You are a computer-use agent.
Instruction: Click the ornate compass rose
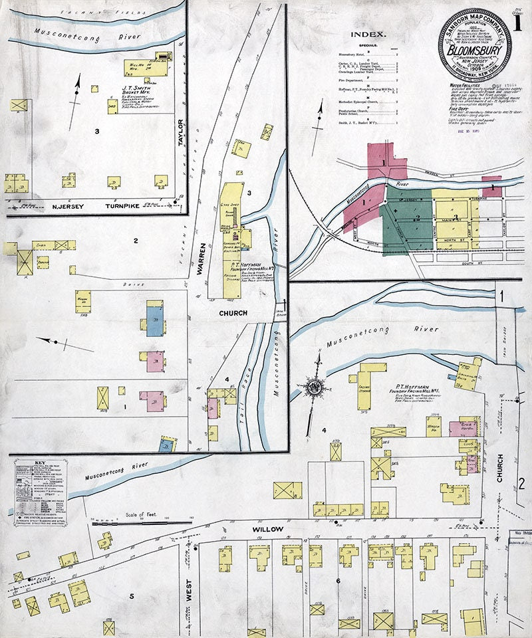pos(313,385)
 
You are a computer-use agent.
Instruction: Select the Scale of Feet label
pos(142,514)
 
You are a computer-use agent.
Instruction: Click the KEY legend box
pos(41,492)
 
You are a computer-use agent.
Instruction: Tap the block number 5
pos(131,596)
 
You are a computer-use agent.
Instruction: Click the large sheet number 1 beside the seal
pos(516,21)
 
